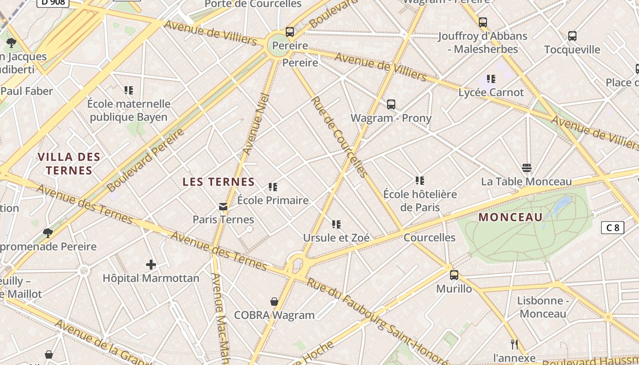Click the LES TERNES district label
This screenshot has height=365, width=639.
pyautogui.click(x=219, y=182)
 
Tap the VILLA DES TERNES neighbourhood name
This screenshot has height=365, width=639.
pyautogui.click(x=69, y=164)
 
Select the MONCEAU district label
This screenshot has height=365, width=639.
pyautogui.click(x=510, y=217)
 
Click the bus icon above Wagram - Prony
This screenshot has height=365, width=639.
pyautogui.click(x=391, y=104)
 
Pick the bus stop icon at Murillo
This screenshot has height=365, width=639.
pyautogui.click(x=454, y=275)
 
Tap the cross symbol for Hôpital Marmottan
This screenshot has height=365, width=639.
pyautogui.click(x=151, y=265)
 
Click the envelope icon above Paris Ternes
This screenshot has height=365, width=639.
pyautogui.click(x=223, y=207)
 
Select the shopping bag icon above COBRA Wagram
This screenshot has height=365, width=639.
pyautogui.click(x=274, y=302)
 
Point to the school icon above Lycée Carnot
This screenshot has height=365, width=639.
pyautogui.click(x=491, y=79)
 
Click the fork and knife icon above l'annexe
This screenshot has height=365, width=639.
pyautogui.click(x=514, y=344)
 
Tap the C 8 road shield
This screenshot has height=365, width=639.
pyautogui.click(x=612, y=227)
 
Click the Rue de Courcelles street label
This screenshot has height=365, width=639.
pyautogui.click(x=339, y=137)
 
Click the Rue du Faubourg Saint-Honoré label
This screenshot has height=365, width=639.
pyautogui.click(x=377, y=319)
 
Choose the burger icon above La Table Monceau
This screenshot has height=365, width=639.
pyautogui.click(x=526, y=168)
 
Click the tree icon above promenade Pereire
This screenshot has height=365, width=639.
pyautogui.click(x=47, y=233)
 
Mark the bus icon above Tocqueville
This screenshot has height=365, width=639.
pyautogui.click(x=572, y=36)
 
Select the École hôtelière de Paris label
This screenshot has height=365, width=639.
pyautogui.click(x=420, y=201)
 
